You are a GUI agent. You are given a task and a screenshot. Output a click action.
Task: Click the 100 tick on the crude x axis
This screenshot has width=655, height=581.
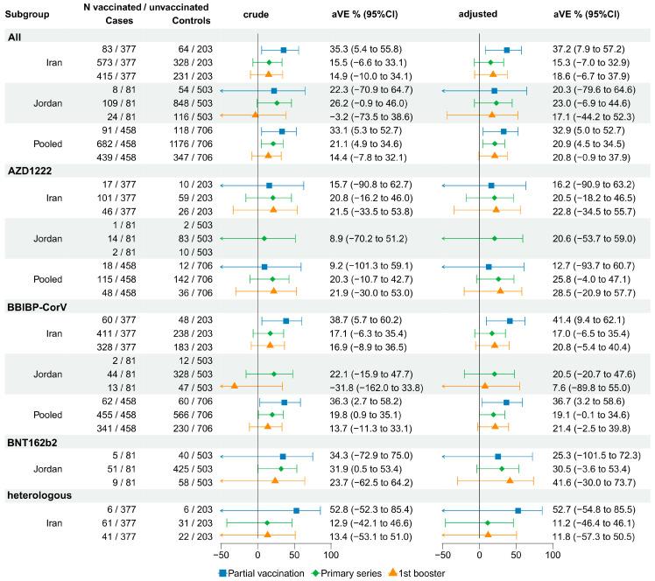coord(331,555)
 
